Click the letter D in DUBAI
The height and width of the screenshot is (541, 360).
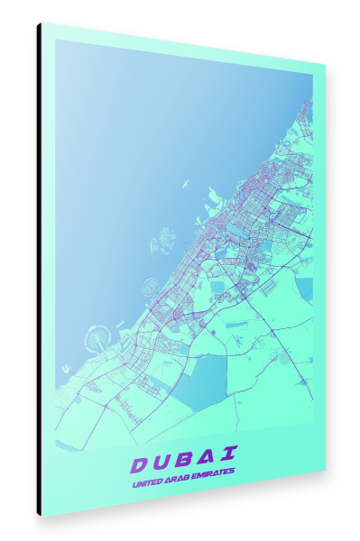tap(140, 464)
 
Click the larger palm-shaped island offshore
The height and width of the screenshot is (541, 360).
tap(96, 341)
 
